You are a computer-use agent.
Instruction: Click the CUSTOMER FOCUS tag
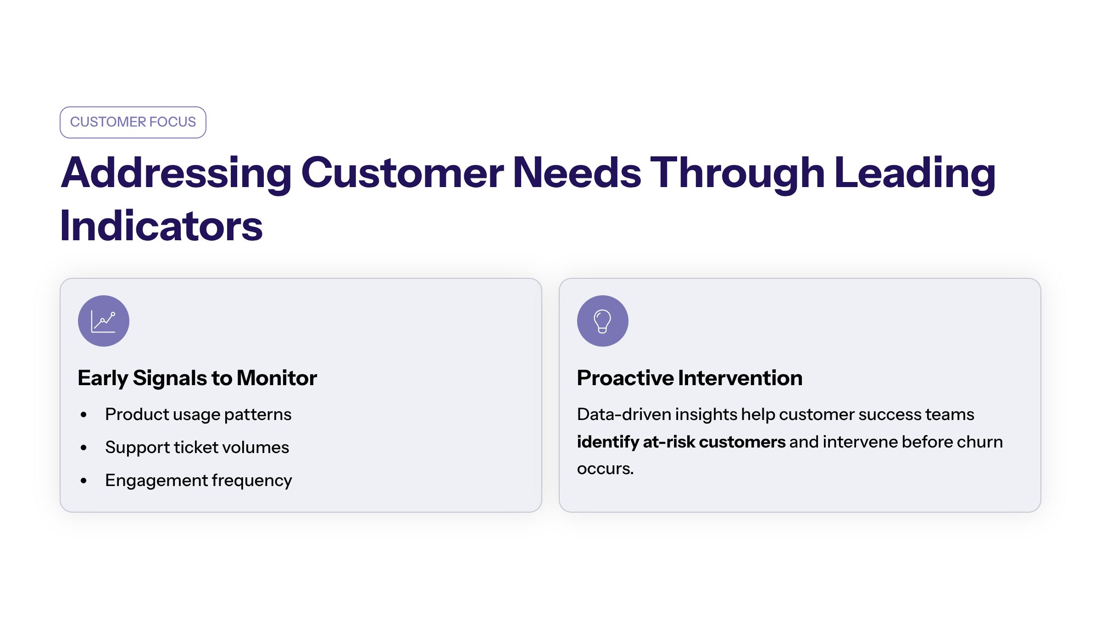pos(133,122)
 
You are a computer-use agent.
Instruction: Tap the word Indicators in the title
pos(161,226)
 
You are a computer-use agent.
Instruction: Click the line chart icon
pos(104,321)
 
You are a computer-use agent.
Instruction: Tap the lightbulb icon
pos(602,321)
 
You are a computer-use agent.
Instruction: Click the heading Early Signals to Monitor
pos(197,378)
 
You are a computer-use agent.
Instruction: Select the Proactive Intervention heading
pos(690,378)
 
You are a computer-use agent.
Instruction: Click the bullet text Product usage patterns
pos(198,415)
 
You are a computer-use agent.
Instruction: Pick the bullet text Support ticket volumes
pos(197,448)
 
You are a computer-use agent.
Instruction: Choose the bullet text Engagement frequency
pos(199,481)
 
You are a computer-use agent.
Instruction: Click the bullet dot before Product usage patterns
pos(83,415)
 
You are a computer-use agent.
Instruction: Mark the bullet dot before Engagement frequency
pos(83,481)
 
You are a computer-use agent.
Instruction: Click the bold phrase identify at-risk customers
pos(681,442)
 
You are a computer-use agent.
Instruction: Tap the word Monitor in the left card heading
pos(277,378)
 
